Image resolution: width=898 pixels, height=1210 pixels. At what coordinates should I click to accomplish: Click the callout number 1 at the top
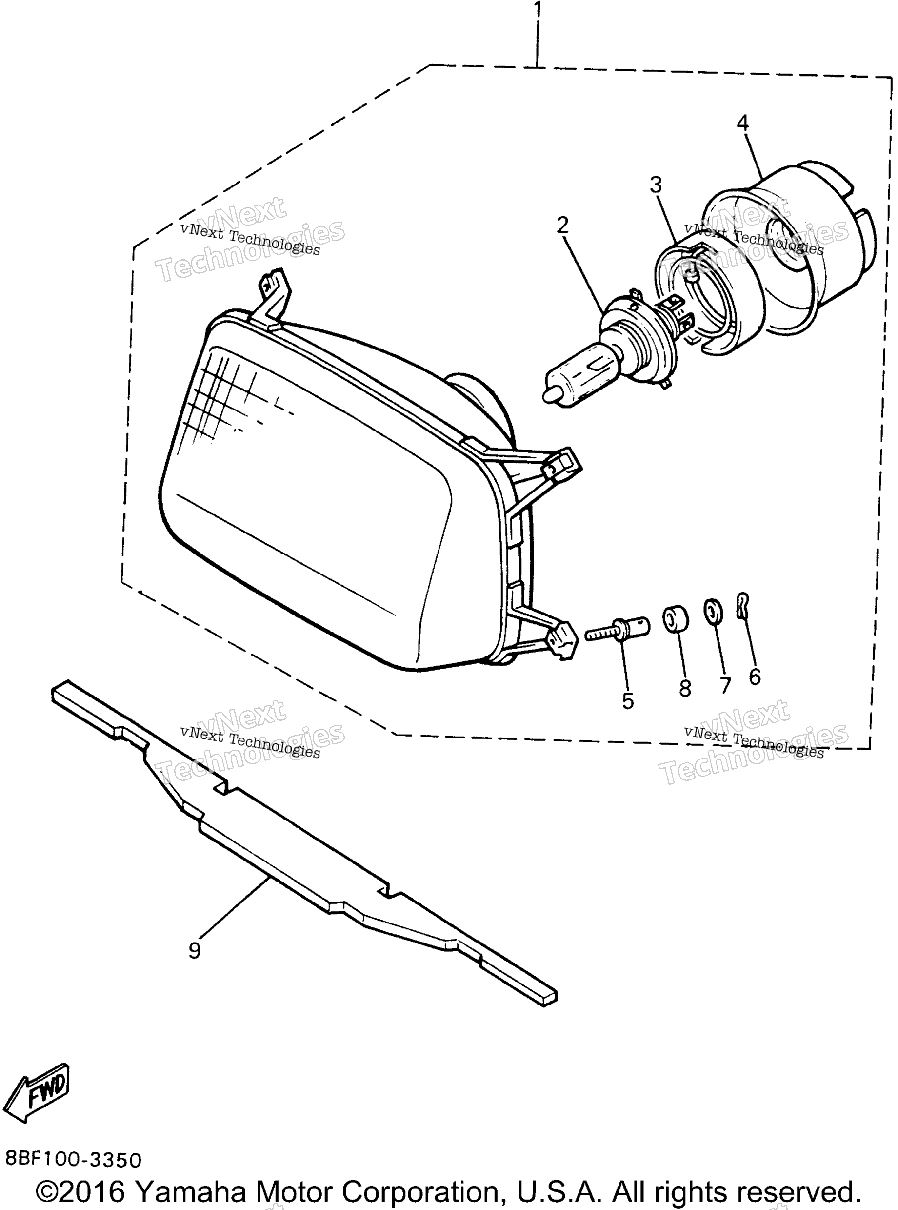538,9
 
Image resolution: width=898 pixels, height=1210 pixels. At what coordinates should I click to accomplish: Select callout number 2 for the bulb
562,225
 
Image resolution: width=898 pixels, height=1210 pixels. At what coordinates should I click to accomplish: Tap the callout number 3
657,185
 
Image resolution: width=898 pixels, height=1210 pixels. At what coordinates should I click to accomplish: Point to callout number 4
743,123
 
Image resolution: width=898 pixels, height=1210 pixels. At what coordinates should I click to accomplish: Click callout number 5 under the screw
628,701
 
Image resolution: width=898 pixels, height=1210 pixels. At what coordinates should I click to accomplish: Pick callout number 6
755,677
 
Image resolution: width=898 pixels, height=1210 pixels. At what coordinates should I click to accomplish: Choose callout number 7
725,685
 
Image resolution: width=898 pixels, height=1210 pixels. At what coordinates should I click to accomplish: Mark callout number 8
685,689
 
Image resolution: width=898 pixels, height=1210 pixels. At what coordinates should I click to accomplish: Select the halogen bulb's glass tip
550,394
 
